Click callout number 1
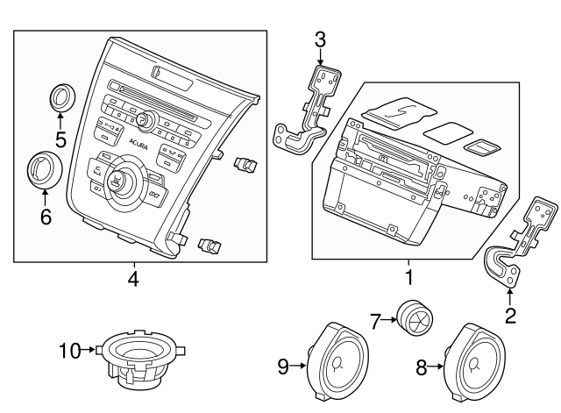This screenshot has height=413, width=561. [408, 279]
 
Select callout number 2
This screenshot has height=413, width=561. [511, 311]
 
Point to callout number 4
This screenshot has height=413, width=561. [133, 280]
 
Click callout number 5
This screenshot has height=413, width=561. [60, 139]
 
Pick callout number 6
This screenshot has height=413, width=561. [46, 215]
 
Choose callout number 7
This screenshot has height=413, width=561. [373, 322]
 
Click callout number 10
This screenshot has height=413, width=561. [68, 352]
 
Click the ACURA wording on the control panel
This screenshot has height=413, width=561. [138, 145]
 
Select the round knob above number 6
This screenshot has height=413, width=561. [43, 170]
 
